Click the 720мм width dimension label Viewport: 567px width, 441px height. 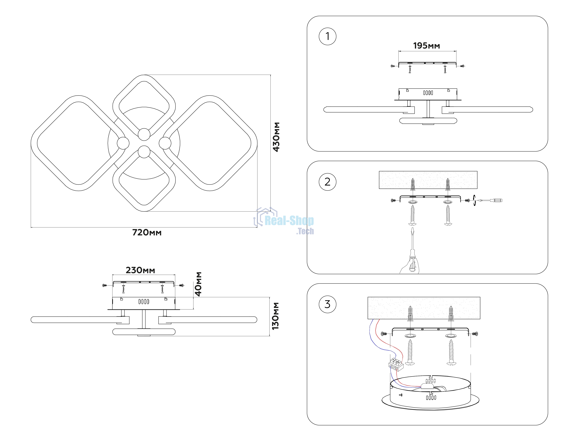coord(147,233)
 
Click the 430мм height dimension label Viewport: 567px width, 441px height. coord(276,137)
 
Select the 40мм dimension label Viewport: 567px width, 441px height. coord(198,284)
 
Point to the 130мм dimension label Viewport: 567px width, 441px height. coord(275,316)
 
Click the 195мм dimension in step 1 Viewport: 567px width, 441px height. coord(427,46)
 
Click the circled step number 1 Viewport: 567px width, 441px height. coord(327,36)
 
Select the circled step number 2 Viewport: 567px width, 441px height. coord(327,182)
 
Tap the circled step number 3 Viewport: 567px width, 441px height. coord(327,304)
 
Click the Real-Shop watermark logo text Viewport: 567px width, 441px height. coord(289,220)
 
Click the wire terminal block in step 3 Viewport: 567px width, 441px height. coord(396,364)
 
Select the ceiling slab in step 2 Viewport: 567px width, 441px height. coord(428,180)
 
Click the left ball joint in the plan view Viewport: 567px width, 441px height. coord(123,143)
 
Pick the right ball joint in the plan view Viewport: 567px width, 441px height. coord(165,143)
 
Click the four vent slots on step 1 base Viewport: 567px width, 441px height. coord(428,93)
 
